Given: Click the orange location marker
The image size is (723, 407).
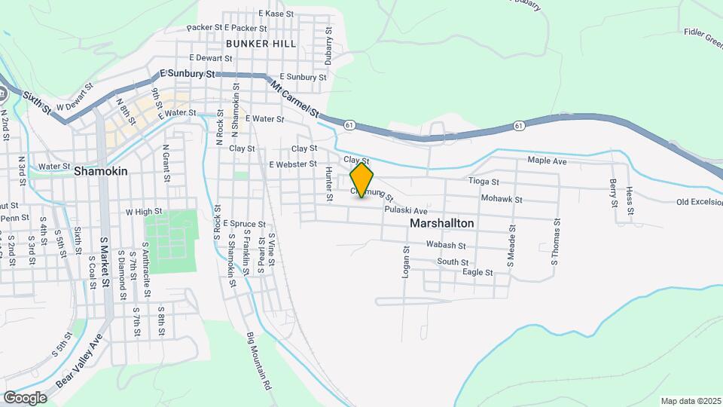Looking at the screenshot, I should point(362,179).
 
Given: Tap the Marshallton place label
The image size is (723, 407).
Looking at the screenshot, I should point(442,224).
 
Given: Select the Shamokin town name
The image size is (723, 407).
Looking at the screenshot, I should point(101,171).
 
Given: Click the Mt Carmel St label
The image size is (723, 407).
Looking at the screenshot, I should point(295,99).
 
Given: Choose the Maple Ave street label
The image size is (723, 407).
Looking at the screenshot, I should point(547,161).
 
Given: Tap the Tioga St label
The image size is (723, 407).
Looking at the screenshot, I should point(484,182).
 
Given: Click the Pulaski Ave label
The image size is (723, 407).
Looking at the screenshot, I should point(406,210).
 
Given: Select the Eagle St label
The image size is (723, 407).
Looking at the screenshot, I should point(477,272).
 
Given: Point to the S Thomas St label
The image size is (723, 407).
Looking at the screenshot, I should point(557,242).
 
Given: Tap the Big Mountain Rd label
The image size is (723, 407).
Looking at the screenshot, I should point(258,360).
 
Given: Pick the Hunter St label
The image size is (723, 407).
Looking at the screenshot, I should point(329,184).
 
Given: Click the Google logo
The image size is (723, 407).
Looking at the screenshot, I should point(25,397).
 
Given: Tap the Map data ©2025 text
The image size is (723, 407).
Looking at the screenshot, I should point(690,401).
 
